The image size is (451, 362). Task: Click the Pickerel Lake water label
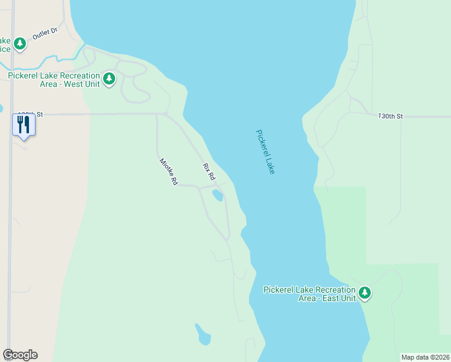tap(265, 152)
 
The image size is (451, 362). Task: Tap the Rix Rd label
tap(209, 172)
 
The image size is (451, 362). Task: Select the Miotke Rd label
tap(169, 171)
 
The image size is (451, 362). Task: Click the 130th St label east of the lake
tap(390, 115)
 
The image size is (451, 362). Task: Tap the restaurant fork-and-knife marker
tap(24, 124)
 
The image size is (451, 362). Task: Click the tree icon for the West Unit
tap(109, 78)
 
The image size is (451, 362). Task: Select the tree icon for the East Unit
tap(364, 293)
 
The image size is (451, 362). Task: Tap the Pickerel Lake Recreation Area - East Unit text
tap(309, 294)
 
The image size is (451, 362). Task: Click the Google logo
tap(20, 355)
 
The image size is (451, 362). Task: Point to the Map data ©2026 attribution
tap(425, 357)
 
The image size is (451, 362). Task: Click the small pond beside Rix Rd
tap(217, 195)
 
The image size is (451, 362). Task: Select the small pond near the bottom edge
tap(203, 335)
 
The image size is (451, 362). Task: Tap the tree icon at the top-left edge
tap(20, 43)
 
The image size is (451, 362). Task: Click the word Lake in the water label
tap(269, 164)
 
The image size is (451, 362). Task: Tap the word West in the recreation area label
tap(72, 84)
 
